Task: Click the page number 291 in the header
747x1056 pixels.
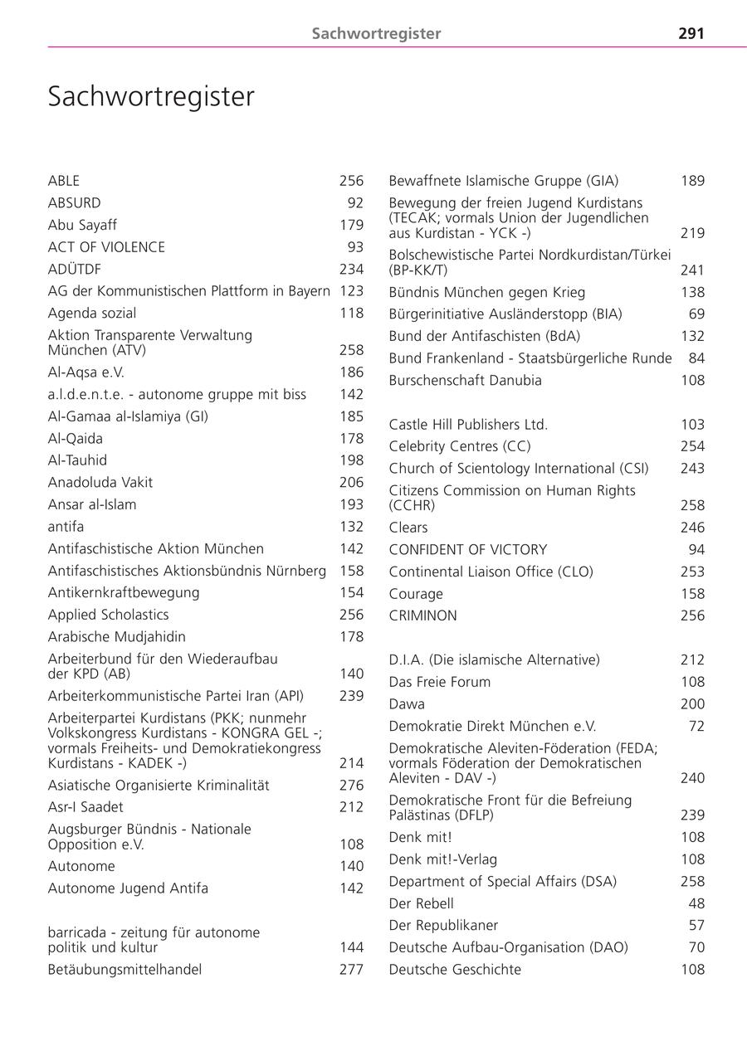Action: [691, 34]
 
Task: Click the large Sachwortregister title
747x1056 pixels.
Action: [151, 97]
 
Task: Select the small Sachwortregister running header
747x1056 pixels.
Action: [376, 34]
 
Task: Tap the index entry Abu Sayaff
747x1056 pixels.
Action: [82, 225]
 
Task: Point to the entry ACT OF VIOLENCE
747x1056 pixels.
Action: [106, 247]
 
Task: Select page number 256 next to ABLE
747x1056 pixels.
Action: [351, 181]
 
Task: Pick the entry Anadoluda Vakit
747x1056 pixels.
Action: [100, 482]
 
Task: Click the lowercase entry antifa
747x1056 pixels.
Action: [66, 527]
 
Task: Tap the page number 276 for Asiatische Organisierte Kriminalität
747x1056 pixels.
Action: [351, 785]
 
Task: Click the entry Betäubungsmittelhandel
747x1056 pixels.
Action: [124, 969]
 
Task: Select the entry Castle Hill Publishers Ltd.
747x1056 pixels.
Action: [468, 425]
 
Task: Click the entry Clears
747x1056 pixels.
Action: [408, 528]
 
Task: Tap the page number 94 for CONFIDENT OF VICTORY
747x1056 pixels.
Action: [696, 549]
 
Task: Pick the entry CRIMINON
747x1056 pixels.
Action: [422, 616]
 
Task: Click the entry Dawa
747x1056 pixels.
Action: [407, 704]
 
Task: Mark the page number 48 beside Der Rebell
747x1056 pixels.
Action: [696, 903]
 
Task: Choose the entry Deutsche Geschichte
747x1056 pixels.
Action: [455, 969]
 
